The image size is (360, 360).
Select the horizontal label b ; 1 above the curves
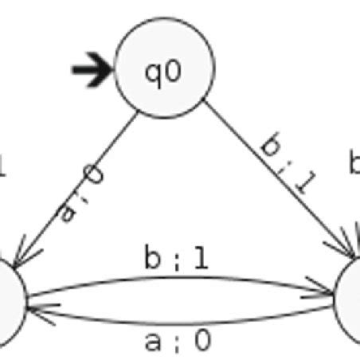(x=177, y=259)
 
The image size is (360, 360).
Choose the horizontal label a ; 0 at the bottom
(x=178, y=341)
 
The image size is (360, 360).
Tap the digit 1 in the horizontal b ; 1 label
(x=200, y=259)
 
